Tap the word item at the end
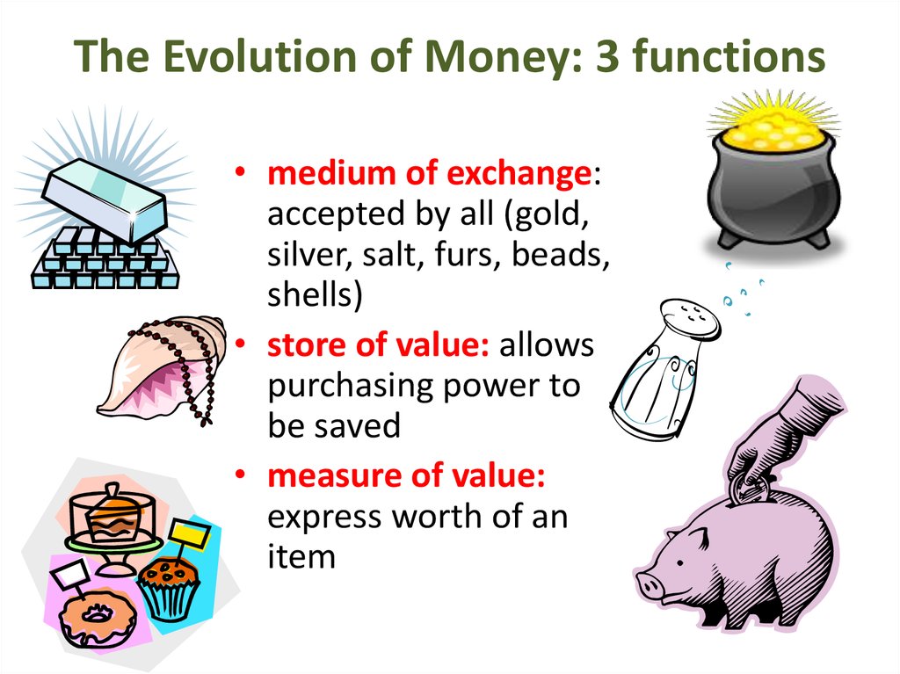click(x=301, y=555)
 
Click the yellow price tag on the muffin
click(x=188, y=533)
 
